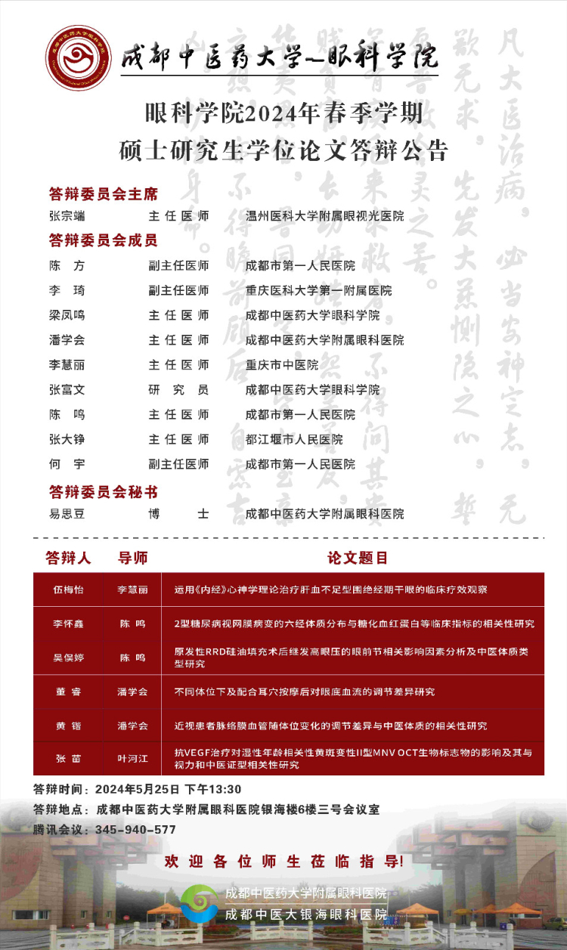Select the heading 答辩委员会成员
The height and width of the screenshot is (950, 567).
(x=103, y=241)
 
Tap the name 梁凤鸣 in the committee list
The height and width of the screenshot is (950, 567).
(x=67, y=315)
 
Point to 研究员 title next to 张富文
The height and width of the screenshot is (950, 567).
(x=178, y=390)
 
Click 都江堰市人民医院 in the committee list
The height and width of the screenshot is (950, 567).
(x=294, y=439)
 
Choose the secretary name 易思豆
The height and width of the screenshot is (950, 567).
(x=67, y=514)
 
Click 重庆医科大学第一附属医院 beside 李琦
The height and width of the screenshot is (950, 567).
(x=318, y=290)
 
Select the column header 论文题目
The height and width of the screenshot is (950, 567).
(x=358, y=558)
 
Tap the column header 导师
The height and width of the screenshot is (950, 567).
(x=132, y=558)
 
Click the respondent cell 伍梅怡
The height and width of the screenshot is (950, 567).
(x=68, y=589)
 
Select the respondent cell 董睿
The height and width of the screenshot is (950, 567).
(x=68, y=692)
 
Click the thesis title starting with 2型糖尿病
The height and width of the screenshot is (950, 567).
(x=354, y=624)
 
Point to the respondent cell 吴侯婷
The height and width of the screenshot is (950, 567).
(x=68, y=658)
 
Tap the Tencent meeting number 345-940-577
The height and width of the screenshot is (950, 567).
(x=135, y=829)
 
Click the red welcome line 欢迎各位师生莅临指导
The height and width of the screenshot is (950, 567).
(x=283, y=862)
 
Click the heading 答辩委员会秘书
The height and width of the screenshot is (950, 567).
(x=103, y=493)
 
